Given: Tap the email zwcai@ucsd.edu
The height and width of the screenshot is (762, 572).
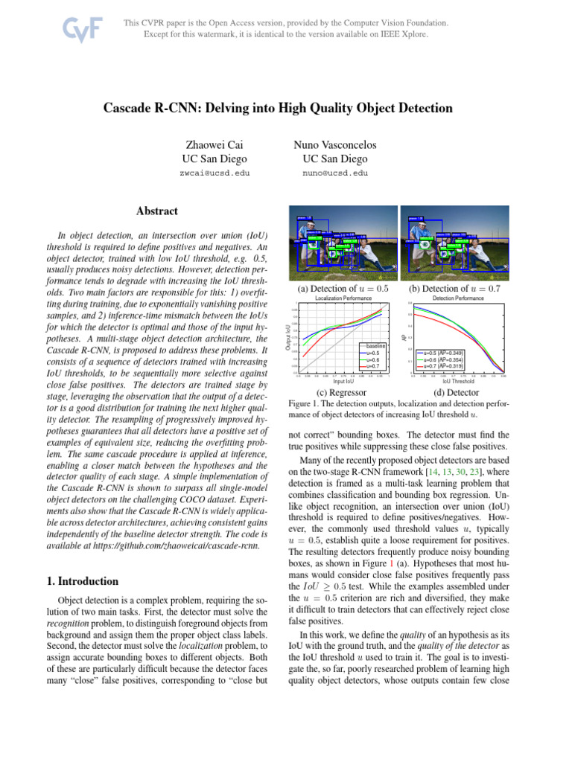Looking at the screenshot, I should pos(214,173).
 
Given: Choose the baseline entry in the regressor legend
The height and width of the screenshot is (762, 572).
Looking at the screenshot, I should pos(375,346).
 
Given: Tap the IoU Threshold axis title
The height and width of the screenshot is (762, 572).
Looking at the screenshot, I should pos(457,382).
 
